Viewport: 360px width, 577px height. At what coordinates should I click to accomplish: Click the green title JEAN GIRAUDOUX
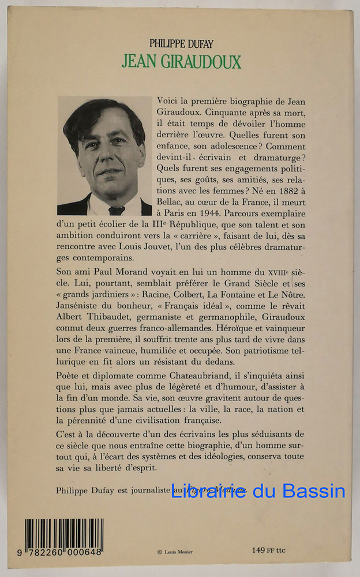(181, 61)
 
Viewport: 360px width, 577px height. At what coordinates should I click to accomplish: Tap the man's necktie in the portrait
(117, 210)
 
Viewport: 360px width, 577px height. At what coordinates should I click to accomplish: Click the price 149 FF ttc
(269, 550)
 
